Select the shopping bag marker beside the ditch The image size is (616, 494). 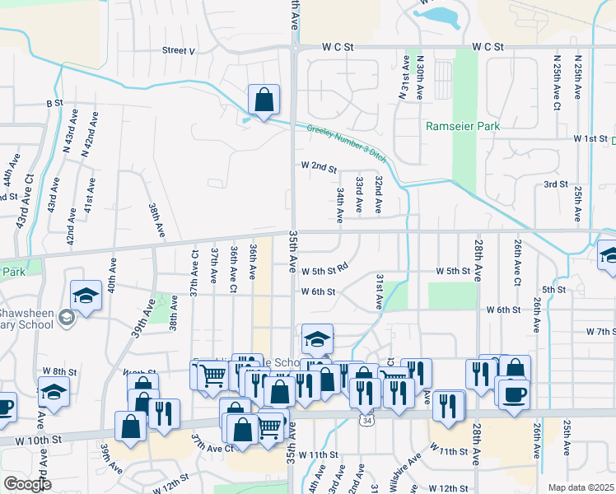click(264, 101)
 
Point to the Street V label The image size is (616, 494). click(178, 50)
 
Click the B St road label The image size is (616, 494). click(54, 103)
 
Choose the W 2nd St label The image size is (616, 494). click(319, 167)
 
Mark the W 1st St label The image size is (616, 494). click(590, 138)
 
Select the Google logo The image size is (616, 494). click(27, 483)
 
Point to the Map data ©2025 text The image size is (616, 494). click(581, 487)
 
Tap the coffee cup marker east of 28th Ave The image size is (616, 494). click(513, 393)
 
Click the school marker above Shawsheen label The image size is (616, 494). click(86, 296)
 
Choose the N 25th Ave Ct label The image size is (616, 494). click(558, 83)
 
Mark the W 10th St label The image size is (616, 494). click(44, 440)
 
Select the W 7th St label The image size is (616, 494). click(601, 331)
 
